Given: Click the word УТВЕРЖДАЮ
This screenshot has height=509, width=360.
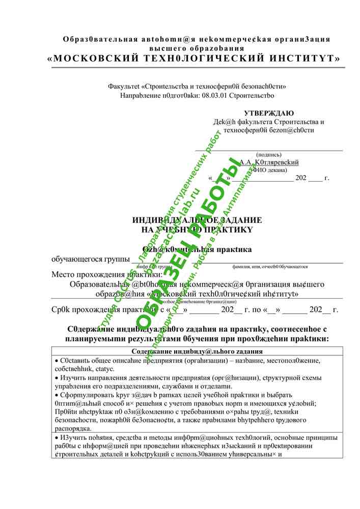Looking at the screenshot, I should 268,113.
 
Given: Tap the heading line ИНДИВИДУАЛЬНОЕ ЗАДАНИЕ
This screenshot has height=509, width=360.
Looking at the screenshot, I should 197,220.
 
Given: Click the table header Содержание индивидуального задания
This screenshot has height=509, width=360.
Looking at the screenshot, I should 197,351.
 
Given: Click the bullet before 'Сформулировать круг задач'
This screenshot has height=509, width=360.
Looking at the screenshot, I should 56,395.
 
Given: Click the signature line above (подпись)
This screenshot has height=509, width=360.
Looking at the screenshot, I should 269,151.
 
